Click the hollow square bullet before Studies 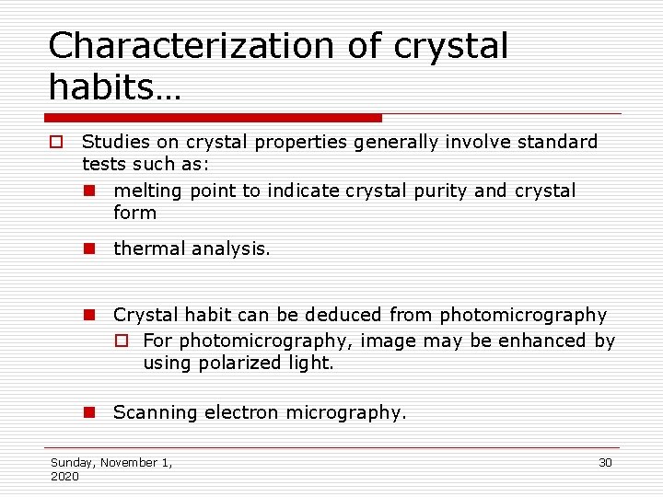click(56, 143)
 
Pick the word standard click(555, 142)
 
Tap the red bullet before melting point click(89, 191)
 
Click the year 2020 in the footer click(64, 476)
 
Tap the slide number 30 click(605, 462)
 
